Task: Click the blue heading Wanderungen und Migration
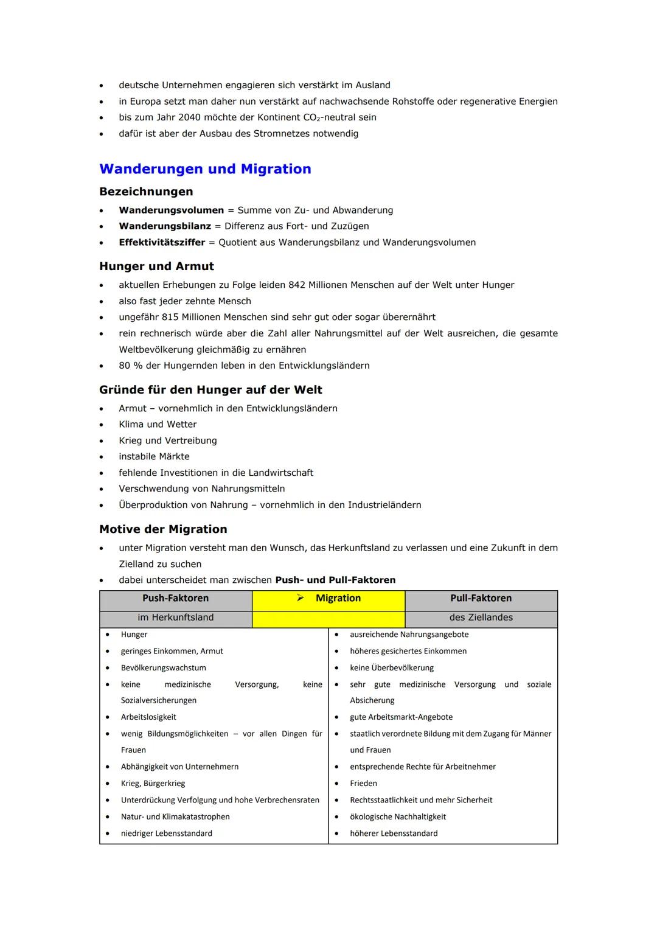[x=205, y=169]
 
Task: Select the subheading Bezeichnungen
[x=146, y=192]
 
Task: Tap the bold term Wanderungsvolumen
[x=171, y=211]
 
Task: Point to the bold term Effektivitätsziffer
[x=162, y=243]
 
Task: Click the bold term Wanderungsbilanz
[x=164, y=226]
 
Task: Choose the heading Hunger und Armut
[x=156, y=266]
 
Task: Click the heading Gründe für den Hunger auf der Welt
[x=210, y=390]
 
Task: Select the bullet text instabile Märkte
[x=154, y=457]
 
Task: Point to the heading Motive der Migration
[x=163, y=529]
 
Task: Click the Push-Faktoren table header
[x=175, y=599]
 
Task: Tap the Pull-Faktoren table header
[x=481, y=599]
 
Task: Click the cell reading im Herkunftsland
[x=175, y=618]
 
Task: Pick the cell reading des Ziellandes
[x=481, y=618]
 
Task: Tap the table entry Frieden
[x=363, y=784]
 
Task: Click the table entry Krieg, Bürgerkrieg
[x=153, y=784]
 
